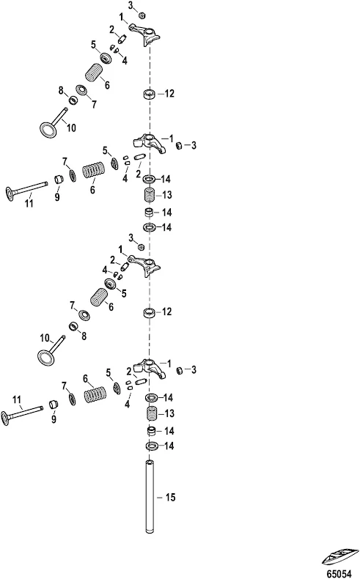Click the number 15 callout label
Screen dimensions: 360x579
pos(170,498)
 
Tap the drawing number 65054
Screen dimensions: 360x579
pos(339,573)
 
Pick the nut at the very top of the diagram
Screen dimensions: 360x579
pos(141,15)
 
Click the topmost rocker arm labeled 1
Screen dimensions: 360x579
pos(145,34)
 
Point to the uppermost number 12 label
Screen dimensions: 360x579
pos(169,94)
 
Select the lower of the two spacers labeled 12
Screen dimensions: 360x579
pos(150,312)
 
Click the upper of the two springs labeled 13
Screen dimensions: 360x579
pos(150,194)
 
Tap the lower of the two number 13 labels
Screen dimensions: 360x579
pos(169,413)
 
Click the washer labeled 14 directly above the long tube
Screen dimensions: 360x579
pos(150,446)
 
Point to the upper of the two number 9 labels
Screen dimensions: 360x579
pos(57,197)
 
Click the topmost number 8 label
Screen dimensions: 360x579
pos(61,89)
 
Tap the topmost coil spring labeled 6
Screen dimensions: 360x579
pos(95,73)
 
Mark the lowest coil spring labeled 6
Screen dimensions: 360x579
pos(94,394)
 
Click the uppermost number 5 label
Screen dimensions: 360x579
pos(93,45)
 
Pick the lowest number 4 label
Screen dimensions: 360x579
pos(127,405)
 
